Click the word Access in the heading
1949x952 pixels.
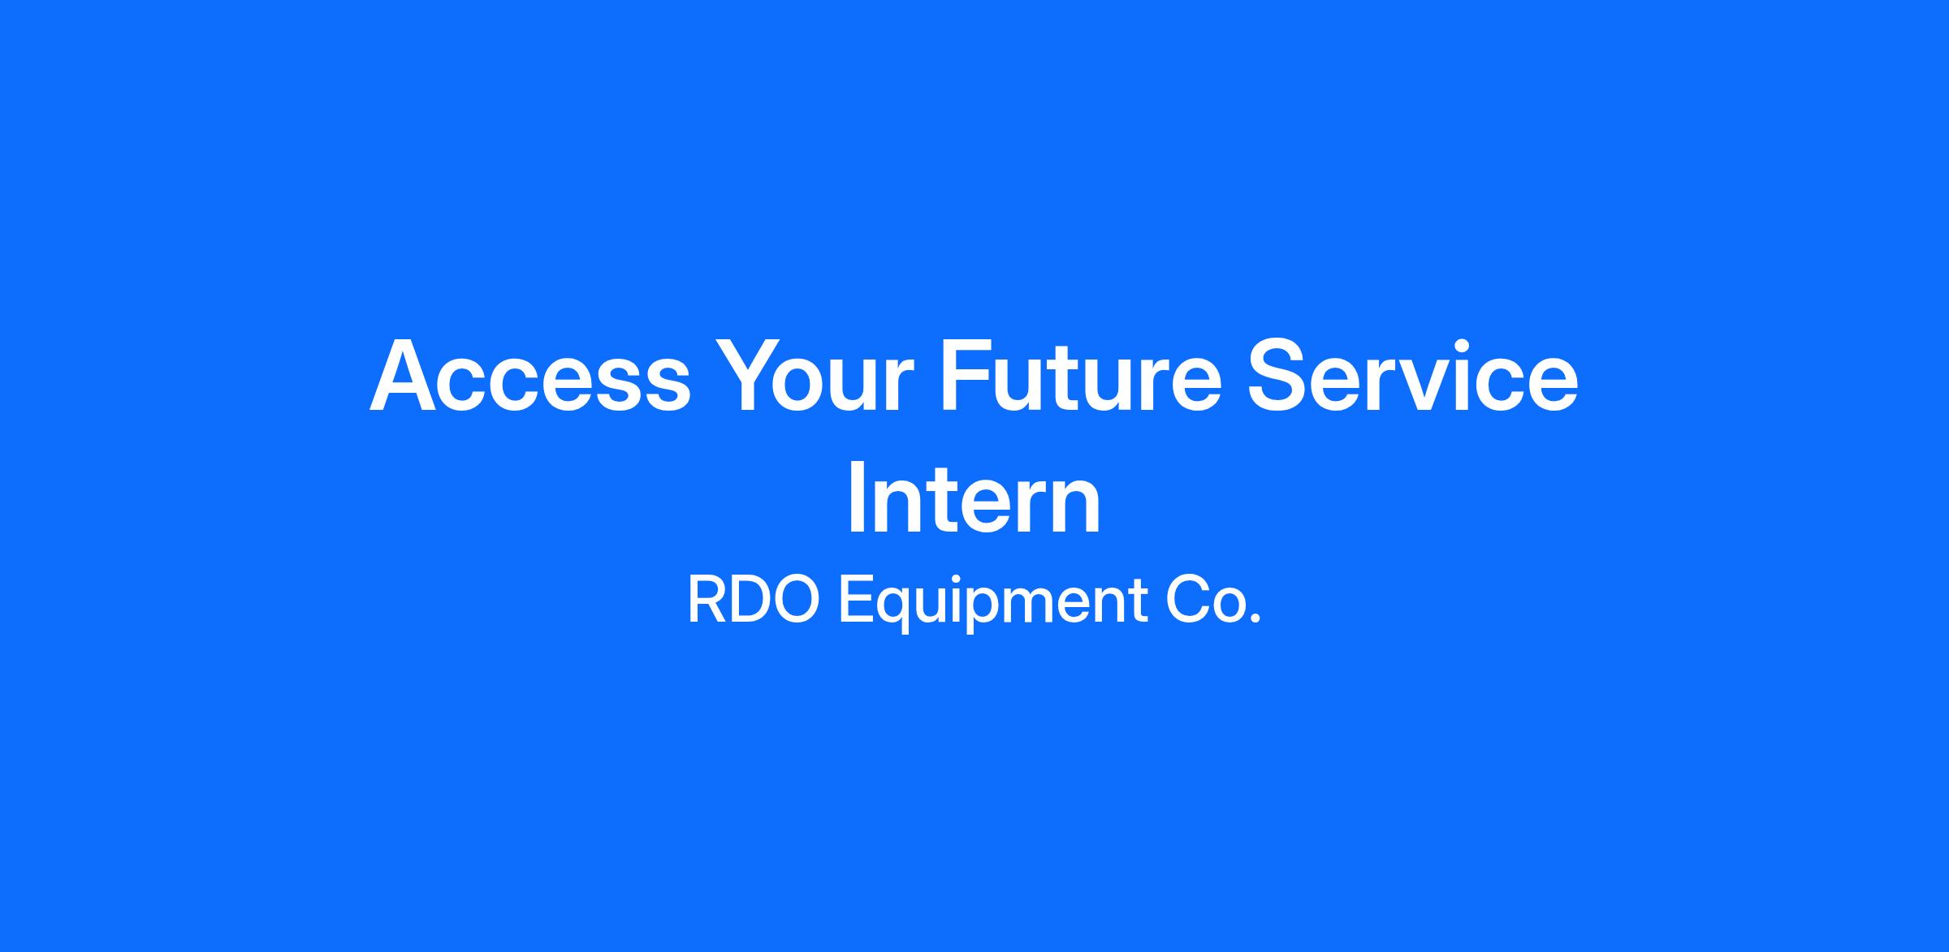pyautogui.click(x=530, y=376)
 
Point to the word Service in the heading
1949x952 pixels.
pyautogui.click(x=1413, y=376)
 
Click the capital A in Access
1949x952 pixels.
pyautogui.click(x=408, y=376)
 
